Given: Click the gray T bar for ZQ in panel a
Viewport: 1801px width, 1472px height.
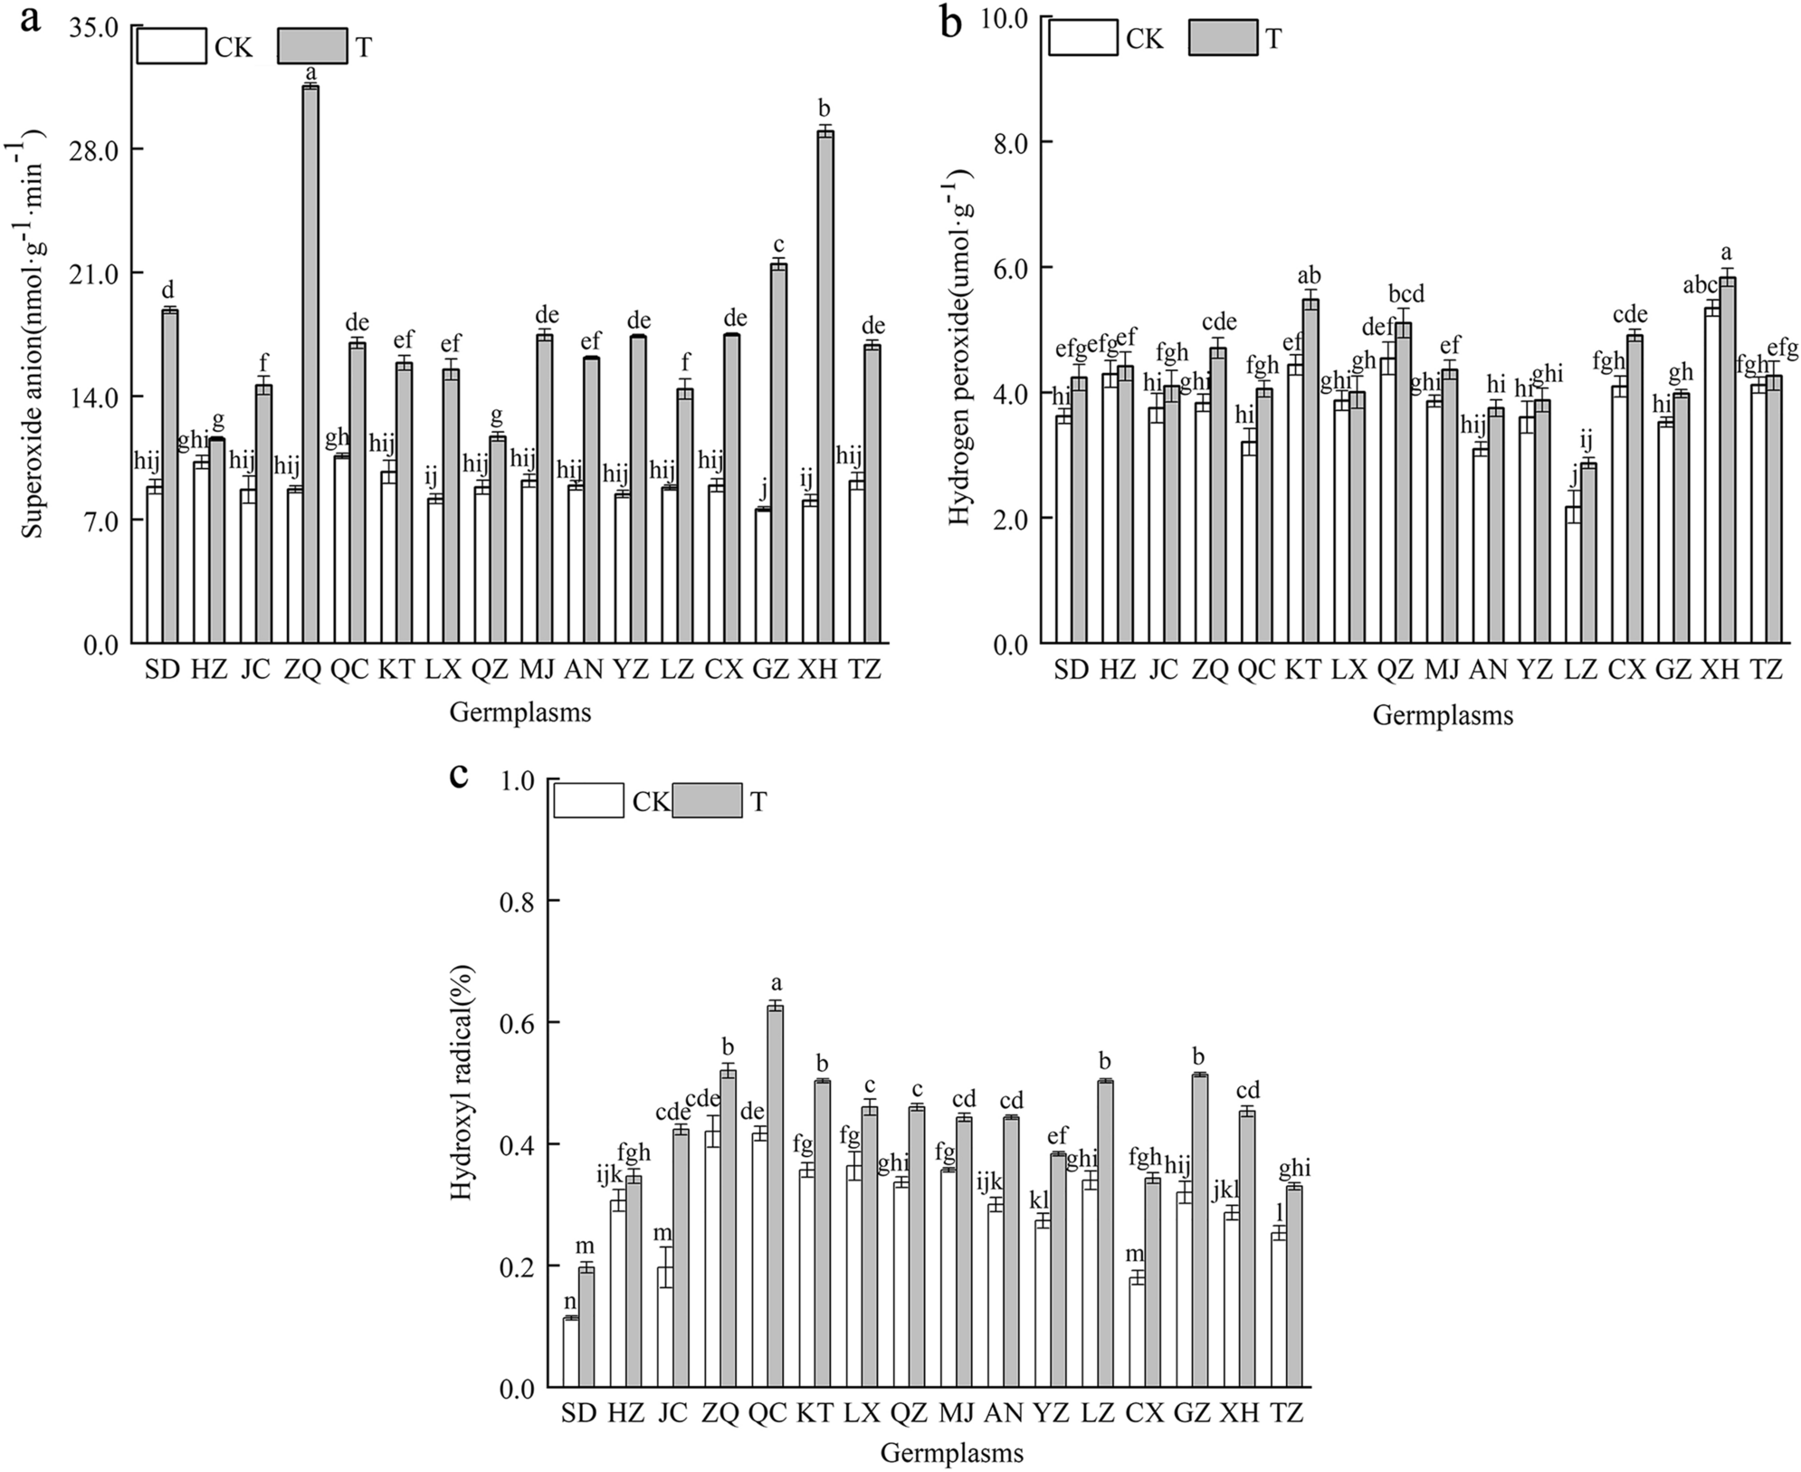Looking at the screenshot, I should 310,362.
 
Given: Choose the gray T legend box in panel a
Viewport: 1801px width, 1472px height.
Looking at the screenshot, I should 313,46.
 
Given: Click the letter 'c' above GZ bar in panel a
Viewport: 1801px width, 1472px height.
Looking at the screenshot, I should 778,244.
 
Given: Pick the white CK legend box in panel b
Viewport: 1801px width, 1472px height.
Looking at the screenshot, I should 1083,38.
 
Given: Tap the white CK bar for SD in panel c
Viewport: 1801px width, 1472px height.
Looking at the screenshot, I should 570,1353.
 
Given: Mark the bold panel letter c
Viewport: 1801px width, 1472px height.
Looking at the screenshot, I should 459,775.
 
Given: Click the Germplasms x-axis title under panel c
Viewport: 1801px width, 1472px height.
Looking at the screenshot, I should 952,1454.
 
